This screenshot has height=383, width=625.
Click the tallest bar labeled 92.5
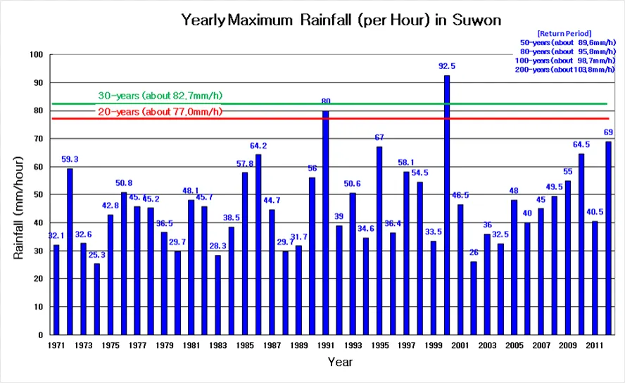pos(447,204)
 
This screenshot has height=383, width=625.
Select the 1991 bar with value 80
pos(325,222)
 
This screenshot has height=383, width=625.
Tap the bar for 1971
pos(56,289)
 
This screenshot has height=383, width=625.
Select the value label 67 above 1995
pos(379,137)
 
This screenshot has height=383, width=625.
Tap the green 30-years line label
pos(164,96)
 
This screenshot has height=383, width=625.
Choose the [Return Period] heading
pos(564,33)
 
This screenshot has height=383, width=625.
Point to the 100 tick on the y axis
pos(37,55)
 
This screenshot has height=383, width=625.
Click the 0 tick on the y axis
pos(42,335)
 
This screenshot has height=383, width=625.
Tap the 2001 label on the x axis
pos(460,346)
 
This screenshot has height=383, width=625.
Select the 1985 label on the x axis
pos(244,346)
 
